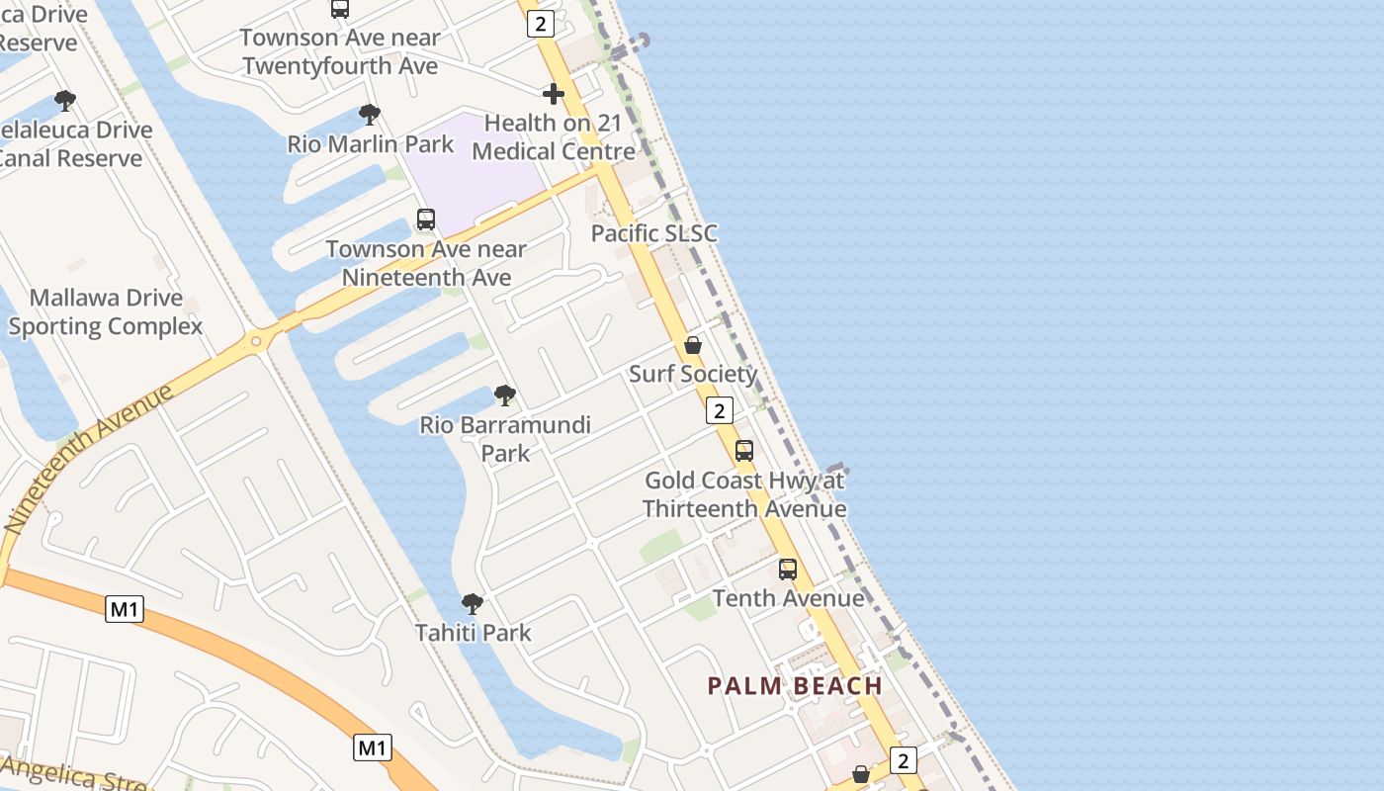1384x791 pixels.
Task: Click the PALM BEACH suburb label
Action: coord(795,685)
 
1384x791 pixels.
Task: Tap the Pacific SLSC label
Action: coord(653,233)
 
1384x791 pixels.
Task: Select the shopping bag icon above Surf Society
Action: coord(693,345)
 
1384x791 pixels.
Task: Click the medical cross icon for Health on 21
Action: coord(554,94)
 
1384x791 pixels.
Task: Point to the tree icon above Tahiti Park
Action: coord(473,603)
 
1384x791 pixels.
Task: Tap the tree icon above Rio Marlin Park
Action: coord(370,115)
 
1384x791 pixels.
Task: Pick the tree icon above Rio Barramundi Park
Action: coord(505,395)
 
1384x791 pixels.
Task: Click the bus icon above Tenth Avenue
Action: coord(788,570)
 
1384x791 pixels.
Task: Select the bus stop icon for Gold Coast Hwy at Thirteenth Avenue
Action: coord(744,451)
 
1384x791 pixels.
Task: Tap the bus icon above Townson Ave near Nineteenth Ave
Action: coord(426,220)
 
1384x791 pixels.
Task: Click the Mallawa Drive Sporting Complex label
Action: coord(106,311)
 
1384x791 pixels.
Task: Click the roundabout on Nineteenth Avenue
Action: coord(257,342)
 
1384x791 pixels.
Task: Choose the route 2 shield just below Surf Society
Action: coord(720,410)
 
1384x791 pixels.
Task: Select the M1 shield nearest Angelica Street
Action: coord(373,747)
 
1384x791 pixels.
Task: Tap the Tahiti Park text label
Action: coord(474,633)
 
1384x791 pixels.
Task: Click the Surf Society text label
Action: coord(693,374)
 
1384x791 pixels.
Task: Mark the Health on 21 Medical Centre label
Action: coord(554,137)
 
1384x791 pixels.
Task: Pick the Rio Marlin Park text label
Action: coord(371,144)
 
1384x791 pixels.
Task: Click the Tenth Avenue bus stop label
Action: coord(788,598)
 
